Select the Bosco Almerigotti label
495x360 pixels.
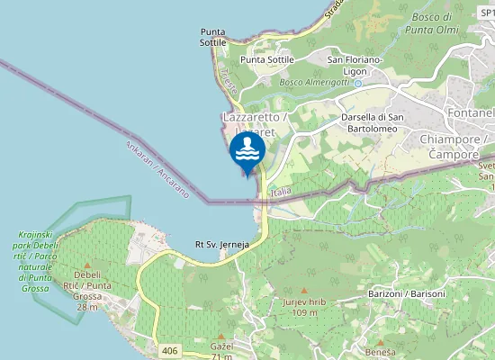(x=315, y=83)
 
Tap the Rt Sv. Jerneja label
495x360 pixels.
(x=221, y=244)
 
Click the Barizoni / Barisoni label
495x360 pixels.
(x=407, y=294)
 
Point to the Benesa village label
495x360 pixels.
(x=379, y=352)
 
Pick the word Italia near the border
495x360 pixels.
(x=282, y=193)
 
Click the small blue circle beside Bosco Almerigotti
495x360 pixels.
(x=356, y=83)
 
